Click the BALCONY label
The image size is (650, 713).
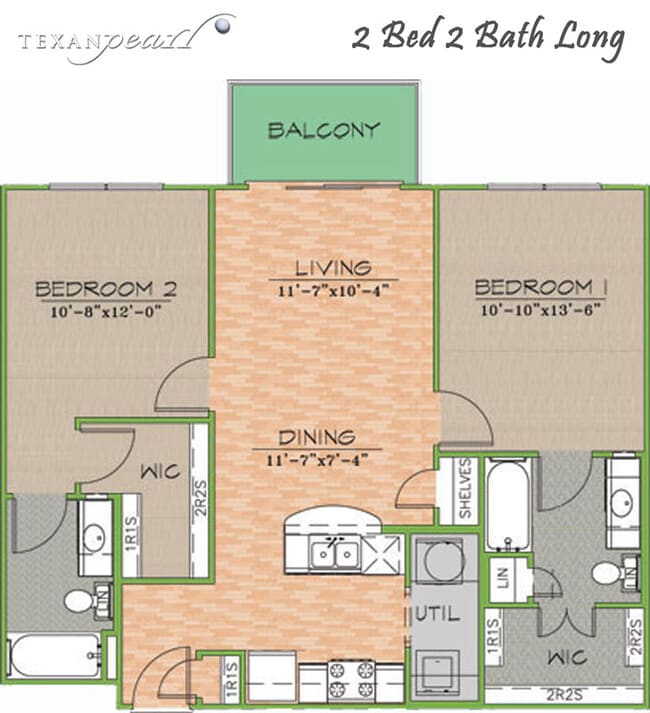click(x=324, y=130)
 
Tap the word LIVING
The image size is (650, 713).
click(x=333, y=268)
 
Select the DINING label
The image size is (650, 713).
click(x=316, y=437)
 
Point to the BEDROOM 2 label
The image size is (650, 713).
click(x=106, y=289)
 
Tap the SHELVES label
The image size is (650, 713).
click(x=464, y=489)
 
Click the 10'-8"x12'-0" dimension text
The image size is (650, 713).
click(x=105, y=311)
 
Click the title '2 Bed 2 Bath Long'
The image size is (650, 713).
click(x=489, y=40)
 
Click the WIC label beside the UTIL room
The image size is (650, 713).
click(x=560, y=661)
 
